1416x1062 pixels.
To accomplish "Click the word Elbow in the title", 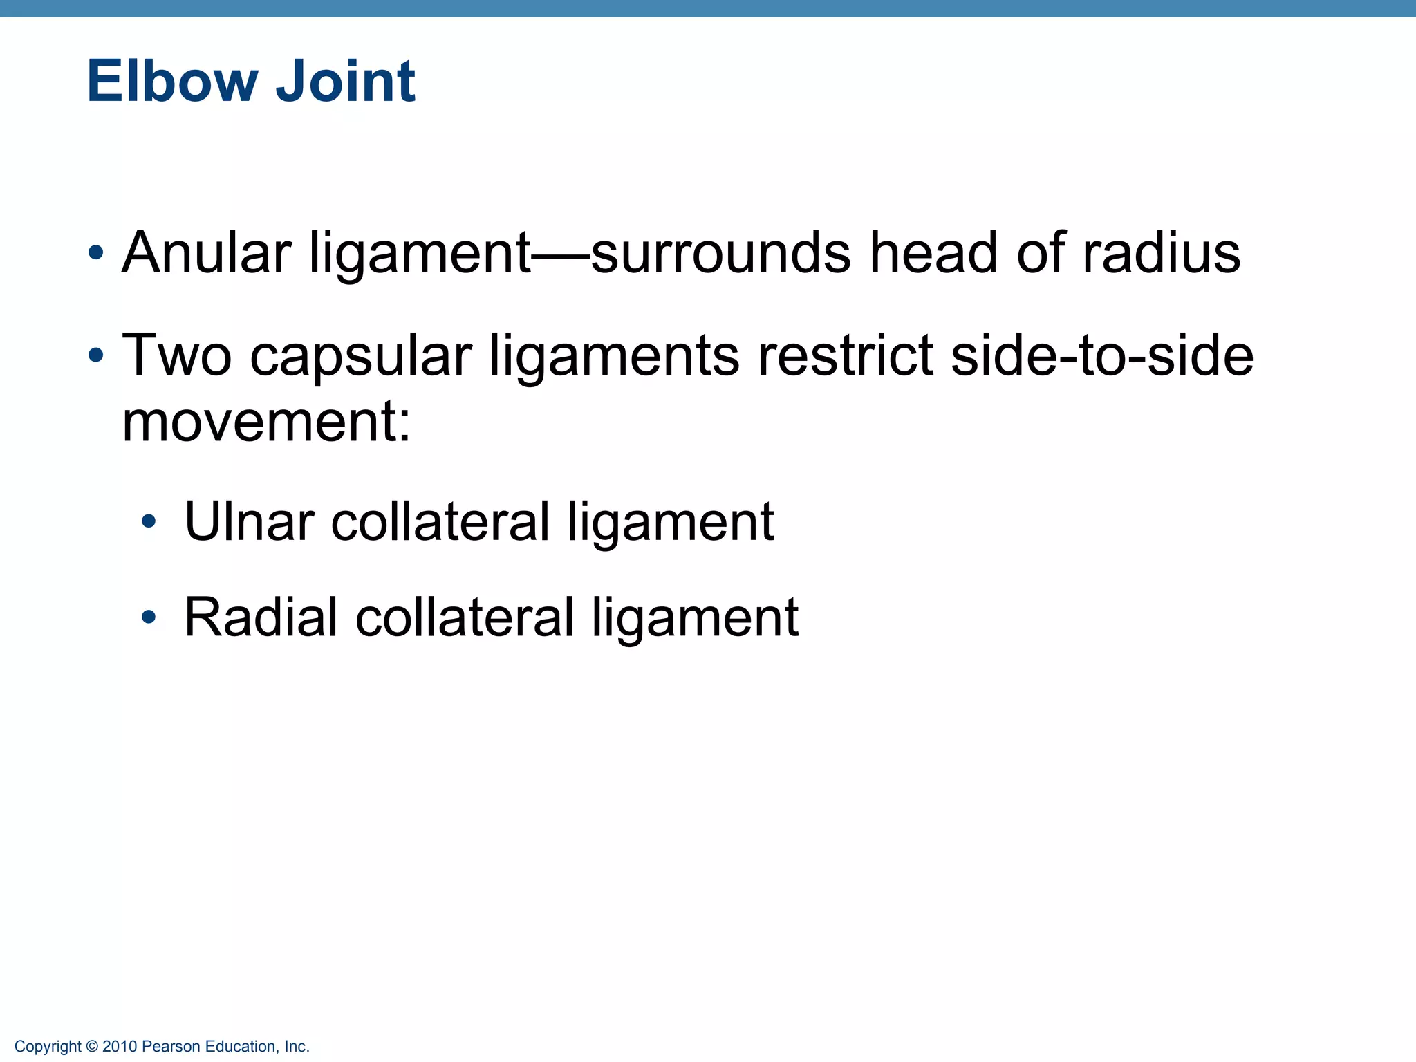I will point(171,82).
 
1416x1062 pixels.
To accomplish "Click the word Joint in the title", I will point(345,82).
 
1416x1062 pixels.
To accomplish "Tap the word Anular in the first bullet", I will point(206,253).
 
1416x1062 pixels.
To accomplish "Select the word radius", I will point(1162,253).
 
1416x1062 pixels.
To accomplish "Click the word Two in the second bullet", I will point(176,356).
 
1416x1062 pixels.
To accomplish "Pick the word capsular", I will point(360,356).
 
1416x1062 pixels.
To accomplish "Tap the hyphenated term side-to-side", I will point(1102,356).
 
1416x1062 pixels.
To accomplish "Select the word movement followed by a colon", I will point(265,422).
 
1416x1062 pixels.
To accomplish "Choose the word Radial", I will point(261,617).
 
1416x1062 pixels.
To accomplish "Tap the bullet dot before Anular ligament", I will point(96,252).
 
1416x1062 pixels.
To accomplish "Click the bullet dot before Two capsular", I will point(96,356).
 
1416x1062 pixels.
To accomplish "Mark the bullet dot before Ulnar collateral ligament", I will point(148,521).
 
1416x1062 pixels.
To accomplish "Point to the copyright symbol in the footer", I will point(92,1047).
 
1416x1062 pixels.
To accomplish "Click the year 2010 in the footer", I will point(120,1047).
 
